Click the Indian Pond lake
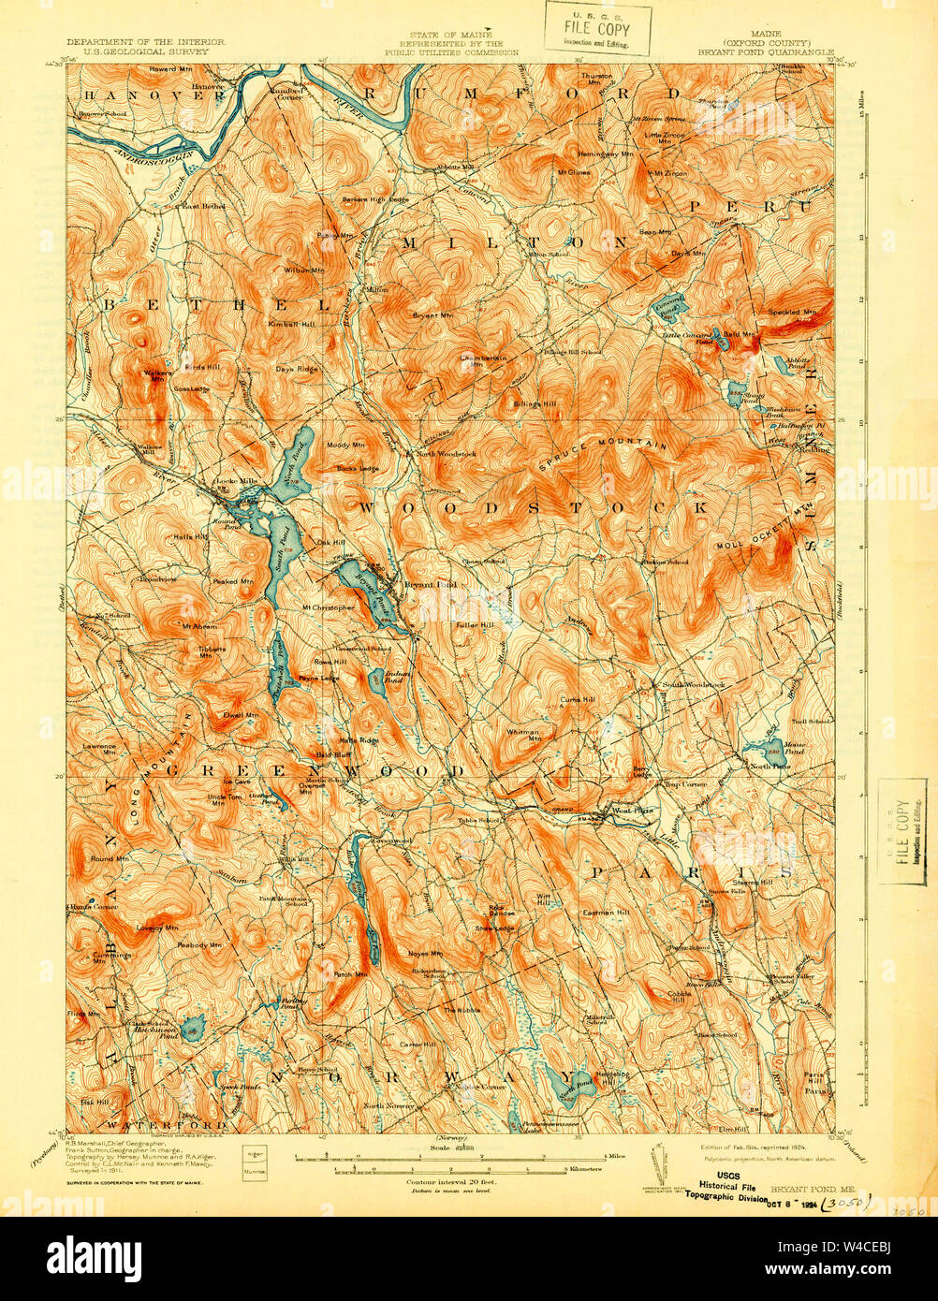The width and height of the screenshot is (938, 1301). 376,680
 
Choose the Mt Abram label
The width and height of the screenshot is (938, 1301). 198,626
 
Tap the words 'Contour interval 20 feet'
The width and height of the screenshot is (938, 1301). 450,1182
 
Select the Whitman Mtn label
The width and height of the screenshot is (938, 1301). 523,736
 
